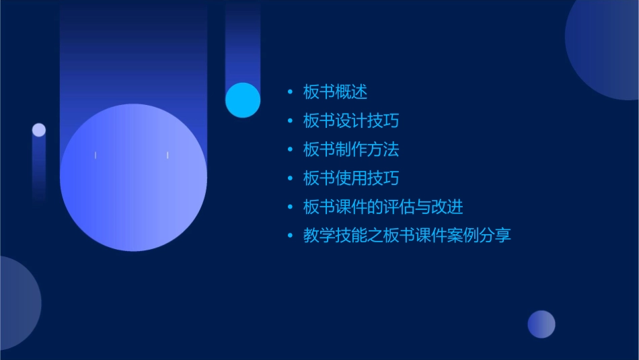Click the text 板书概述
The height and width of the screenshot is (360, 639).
click(335, 92)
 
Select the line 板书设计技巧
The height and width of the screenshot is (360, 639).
click(350, 121)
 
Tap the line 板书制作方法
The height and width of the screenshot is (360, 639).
click(350, 149)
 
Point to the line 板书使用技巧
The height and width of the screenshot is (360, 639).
click(350, 178)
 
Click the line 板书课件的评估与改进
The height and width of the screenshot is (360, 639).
click(383, 207)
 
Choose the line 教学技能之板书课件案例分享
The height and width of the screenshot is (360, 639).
click(407, 236)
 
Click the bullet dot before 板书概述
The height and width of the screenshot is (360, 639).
click(290, 92)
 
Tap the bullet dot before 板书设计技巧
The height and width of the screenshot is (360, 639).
click(290, 121)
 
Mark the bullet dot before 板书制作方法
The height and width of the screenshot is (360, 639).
click(290, 149)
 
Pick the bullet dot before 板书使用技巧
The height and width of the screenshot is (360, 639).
click(290, 178)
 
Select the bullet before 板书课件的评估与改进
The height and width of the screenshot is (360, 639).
click(290, 207)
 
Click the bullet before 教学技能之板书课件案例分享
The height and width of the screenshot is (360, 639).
click(290, 236)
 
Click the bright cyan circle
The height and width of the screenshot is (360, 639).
click(243, 100)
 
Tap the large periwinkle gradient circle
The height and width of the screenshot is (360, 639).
click(133, 178)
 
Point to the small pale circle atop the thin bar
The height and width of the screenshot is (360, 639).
click(39, 130)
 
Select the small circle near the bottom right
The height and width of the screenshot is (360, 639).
click(541, 324)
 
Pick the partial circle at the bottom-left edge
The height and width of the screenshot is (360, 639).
click(17, 303)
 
